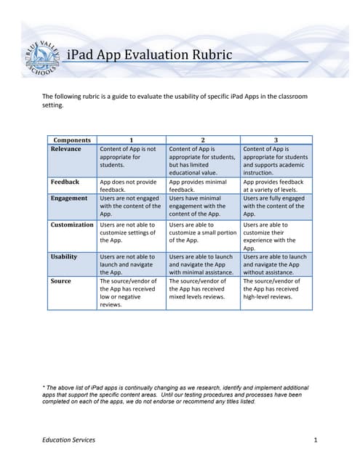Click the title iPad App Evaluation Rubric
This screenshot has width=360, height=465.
tap(149, 55)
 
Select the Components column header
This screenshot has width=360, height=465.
tap(71, 140)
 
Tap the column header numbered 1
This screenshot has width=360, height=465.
tap(131, 140)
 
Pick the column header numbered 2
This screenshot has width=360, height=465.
tap(202, 140)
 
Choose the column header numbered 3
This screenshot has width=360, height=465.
tap(276, 140)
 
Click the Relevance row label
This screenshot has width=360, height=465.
tap(65, 149)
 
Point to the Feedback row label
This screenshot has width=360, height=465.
tap(64, 182)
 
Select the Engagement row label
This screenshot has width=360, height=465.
tap(69, 198)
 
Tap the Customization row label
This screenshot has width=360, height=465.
tap(72, 225)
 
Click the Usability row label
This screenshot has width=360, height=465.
tap(64, 256)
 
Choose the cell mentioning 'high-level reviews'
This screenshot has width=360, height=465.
tap(276, 288)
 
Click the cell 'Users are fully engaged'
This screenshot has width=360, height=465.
tap(276, 206)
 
